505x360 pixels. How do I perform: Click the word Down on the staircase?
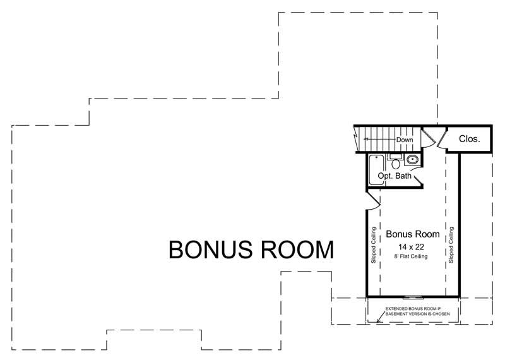pos(405,140)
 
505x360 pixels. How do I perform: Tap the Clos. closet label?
pos(468,139)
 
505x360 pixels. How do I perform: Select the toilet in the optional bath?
pos(396,164)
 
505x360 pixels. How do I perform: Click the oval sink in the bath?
pos(413,160)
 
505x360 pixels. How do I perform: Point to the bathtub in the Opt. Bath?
pos(376,169)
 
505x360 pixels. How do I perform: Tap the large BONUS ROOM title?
pos(251,250)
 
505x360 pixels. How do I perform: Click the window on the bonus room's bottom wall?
pos(414,296)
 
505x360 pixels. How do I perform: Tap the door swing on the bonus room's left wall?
pos(373,201)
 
